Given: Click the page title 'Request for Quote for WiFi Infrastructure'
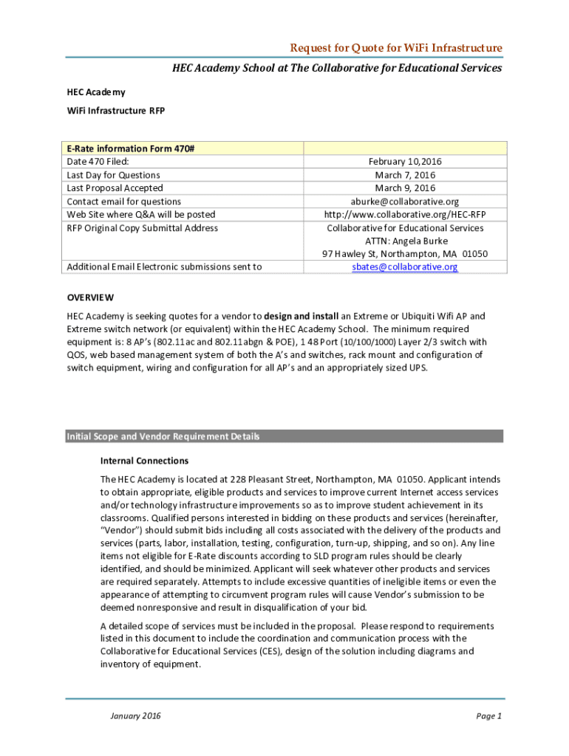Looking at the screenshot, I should [396, 48].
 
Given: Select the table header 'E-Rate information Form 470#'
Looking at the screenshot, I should [131, 148].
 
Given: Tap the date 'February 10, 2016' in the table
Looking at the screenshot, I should [404, 162].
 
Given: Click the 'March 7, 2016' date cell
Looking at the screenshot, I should [404, 175].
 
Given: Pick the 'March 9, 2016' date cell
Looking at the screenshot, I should [404, 188].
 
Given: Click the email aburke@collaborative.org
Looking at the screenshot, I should [404, 202].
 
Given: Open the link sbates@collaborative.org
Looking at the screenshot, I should [404, 267].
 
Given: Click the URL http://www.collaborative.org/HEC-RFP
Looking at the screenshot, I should [404, 215].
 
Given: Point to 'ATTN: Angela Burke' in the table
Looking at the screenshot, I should [406, 241].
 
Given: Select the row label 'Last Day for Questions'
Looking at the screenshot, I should [113, 175].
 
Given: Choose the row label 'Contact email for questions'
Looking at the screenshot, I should [123, 202].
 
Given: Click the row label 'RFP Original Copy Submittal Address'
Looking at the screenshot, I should [142, 228].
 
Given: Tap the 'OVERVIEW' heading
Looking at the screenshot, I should [90, 298].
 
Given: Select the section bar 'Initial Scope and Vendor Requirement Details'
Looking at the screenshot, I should [163, 436].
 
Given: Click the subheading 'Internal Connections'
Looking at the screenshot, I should [144, 461].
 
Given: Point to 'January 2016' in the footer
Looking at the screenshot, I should [135, 716].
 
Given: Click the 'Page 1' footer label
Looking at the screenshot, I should [489, 716].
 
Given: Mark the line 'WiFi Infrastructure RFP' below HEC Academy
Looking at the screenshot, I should [116, 111].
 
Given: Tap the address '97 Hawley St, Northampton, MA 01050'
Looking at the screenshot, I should [404, 254].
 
